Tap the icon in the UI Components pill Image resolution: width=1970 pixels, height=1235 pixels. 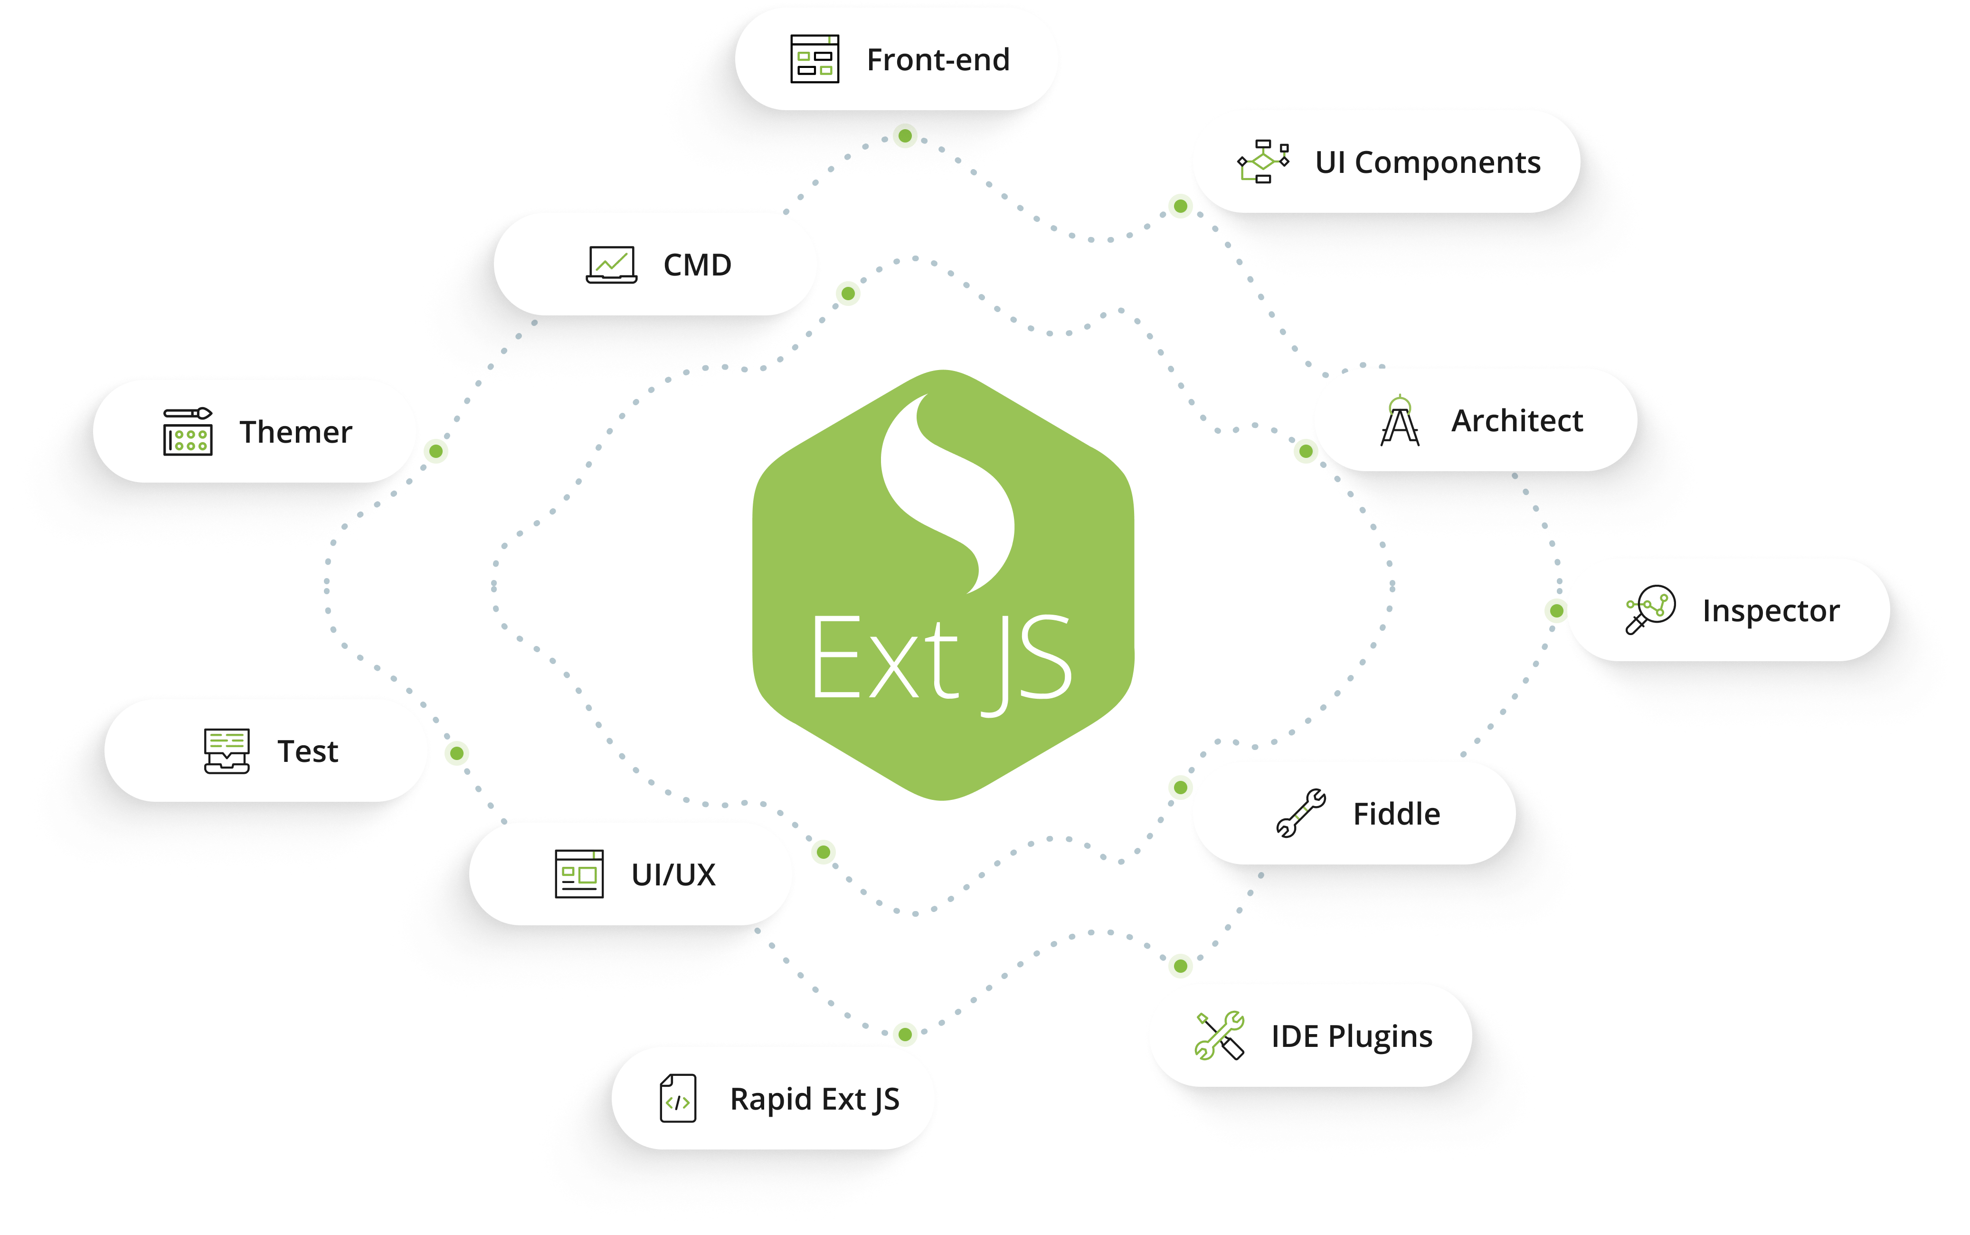(x=1263, y=161)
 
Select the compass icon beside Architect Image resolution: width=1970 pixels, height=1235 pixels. (x=1399, y=421)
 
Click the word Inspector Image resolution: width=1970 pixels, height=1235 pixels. (x=1770, y=611)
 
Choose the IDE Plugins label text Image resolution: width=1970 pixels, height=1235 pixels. (x=1351, y=1036)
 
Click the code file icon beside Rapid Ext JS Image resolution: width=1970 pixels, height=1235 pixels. (x=678, y=1099)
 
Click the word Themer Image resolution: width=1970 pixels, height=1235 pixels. (x=295, y=432)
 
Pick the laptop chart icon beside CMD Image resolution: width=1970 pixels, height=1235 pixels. (x=612, y=265)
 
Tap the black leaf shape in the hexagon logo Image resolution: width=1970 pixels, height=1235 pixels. (x=949, y=490)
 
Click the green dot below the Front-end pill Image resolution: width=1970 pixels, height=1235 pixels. (x=905, y=135)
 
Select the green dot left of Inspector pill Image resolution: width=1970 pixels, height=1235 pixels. (x=1556, y=610)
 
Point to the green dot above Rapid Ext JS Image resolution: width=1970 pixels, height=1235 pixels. (x=905, y=1034)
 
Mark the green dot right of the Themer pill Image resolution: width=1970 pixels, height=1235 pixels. (x=437, y=451)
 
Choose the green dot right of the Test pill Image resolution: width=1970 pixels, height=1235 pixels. (x=457, y=753)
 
